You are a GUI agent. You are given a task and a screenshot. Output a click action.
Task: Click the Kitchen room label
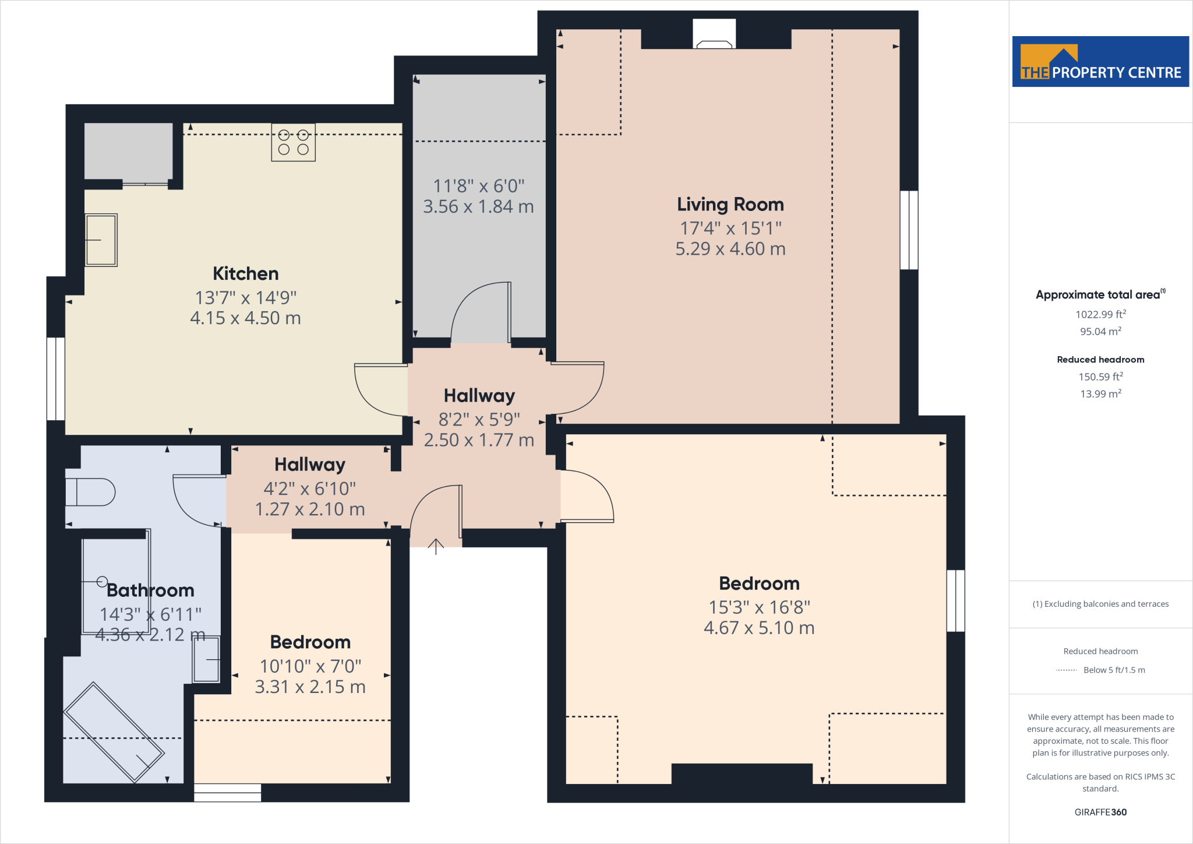(245, 273)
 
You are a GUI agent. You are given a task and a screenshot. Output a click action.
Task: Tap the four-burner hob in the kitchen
(293, 142)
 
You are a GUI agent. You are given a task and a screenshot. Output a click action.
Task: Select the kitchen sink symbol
(101, 240)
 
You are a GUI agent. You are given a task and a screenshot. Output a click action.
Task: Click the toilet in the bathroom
(90, 492)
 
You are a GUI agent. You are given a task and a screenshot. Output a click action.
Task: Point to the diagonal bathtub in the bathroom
(114, 732)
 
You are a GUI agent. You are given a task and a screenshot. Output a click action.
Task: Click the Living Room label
(730, 205)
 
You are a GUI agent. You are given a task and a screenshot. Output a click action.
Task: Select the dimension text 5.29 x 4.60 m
(730, 249)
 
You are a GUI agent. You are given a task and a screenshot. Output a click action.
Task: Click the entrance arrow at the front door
(436, 546)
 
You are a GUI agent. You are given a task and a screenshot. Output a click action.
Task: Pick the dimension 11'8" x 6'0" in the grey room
(478, 186)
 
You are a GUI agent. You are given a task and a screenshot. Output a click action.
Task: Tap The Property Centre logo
(1100, 62)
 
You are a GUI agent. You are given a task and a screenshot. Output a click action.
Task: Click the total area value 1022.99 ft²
(1100, 314)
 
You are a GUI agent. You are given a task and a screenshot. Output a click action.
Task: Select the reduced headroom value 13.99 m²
(1100, 394)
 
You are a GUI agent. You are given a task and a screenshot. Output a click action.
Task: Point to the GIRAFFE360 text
(1100, 812)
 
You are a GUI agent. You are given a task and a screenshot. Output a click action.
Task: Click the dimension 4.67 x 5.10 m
(759, 628)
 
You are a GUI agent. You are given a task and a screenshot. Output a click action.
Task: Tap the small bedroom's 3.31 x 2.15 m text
(310, 687)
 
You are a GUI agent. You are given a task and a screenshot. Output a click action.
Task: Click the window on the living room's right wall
(909, 230)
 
